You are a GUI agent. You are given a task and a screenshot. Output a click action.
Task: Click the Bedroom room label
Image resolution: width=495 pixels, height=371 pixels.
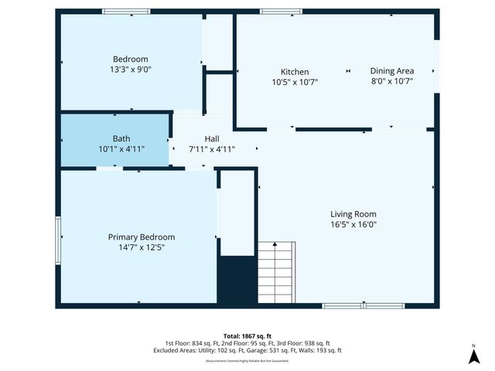pyautogui.click(x=130, y=60)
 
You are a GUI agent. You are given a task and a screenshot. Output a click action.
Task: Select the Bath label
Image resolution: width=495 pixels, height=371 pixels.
pyautogui.click(x=121, y=139)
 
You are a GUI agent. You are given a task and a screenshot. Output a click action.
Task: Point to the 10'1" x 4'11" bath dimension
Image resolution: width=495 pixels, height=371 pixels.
pyautogui.click(x=121, y=149)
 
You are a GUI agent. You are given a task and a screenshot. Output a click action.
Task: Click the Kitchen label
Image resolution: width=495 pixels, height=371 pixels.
pyautogui.click(x=294, y=71)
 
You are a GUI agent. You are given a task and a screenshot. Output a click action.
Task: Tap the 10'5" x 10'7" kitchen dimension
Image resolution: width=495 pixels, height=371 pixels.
pyautogui.click(x=294, y=81)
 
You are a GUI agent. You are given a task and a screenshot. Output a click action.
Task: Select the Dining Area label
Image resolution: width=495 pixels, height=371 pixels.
pyautogui.click(x=391, y=70)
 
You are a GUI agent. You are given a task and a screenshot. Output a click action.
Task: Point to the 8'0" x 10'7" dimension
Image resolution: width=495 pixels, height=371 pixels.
pyautogui.click(x=391, y=81)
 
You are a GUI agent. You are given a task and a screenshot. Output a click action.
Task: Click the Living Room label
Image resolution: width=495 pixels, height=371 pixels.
pyautogui.click(x=353, y=214)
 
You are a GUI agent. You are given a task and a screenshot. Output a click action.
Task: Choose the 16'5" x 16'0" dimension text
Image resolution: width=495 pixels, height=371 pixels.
pyautogui.click(x=353, y=225)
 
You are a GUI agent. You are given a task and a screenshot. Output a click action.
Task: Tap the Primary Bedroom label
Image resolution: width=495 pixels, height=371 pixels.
pyautogui.click(x=141, y=237)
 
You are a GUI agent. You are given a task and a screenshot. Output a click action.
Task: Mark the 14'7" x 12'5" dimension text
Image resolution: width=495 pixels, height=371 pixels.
pyautogui.click(x=141, y=247)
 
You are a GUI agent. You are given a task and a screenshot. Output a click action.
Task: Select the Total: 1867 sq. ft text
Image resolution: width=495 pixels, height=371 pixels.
pyautogui.click(x=247, y=336)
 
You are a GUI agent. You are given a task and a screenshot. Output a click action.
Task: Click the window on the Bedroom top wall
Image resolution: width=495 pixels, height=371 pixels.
pyautogui.click(x=126, y=11)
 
